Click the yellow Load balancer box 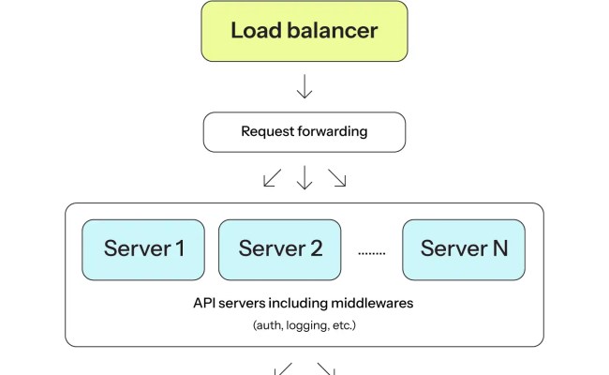(304, 31)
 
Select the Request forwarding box (304, 132)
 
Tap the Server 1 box (143, 249)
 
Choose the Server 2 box (281, 249)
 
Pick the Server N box (464, 249)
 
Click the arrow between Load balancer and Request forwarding (304, 88)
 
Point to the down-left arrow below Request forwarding (272, 178)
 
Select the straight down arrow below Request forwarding (304, 178)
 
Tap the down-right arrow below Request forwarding (336, 178)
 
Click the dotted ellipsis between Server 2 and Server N (372, 252)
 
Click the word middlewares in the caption (375, 304)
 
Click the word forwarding (334, 132)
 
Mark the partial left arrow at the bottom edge (282, 369)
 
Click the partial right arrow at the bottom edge (326, 369)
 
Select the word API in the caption (205, 304)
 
